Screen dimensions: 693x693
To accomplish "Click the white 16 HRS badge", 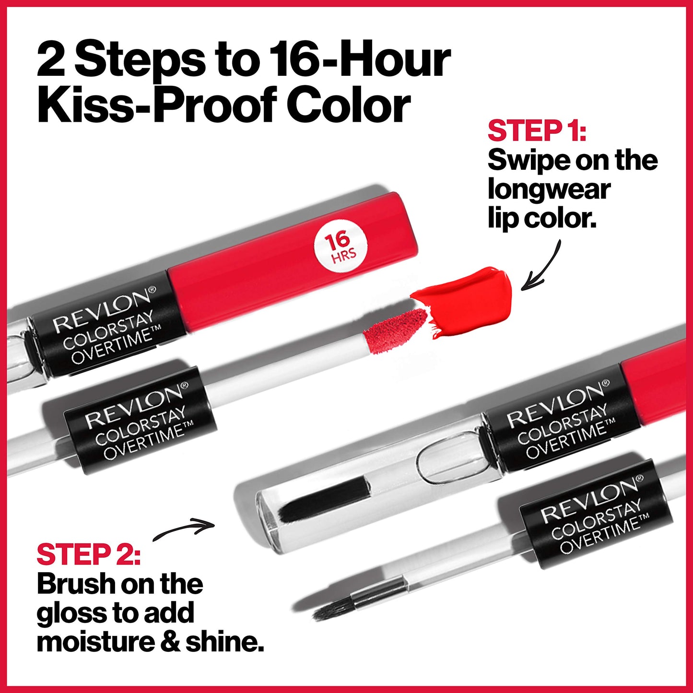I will coord(341,247).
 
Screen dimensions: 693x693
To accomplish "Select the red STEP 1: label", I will coord(537,131).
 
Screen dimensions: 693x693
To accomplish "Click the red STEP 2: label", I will coord(89,554).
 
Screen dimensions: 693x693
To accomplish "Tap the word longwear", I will coord(549,190).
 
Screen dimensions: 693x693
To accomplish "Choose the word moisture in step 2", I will coord(96,643).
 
